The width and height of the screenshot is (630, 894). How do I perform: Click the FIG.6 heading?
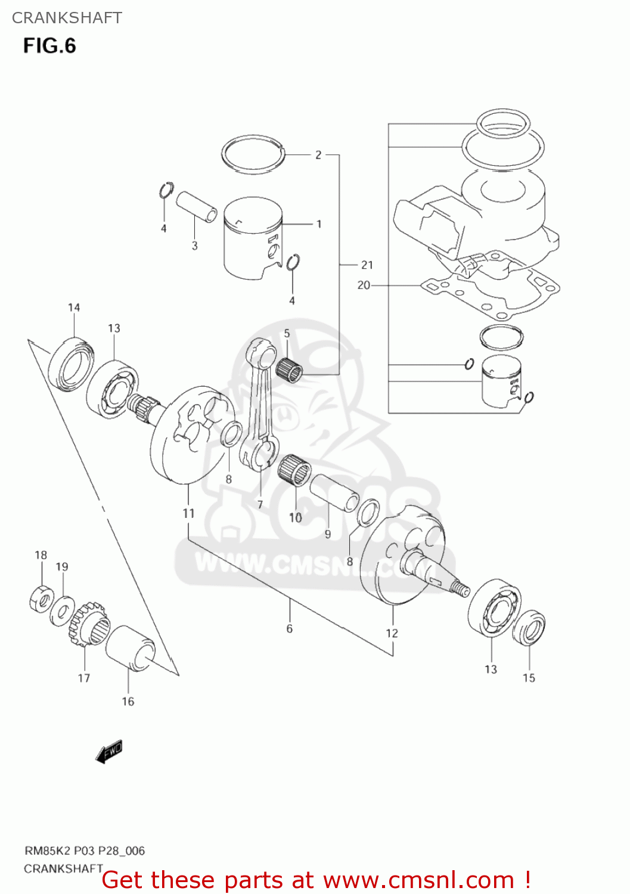[49, 46]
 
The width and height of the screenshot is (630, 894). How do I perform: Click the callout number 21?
[367, 265]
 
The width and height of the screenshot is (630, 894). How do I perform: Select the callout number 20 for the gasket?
[364, 285]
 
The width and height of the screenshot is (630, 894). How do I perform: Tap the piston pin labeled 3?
[196, 206]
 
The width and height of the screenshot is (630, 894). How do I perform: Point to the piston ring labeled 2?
[253, 154]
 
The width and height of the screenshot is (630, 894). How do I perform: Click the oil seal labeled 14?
[71, 364]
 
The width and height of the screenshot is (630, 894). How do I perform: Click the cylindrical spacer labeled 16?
[130, 648]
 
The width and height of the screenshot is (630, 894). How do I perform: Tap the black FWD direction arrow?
[109, 752]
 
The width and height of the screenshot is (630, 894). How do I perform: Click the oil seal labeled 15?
[529, 629]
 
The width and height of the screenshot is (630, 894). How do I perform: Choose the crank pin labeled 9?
[334, 492]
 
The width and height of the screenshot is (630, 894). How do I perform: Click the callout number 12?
[392, 634]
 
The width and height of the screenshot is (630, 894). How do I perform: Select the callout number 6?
[290, 629]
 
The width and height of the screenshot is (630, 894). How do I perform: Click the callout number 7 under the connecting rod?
[260, 505]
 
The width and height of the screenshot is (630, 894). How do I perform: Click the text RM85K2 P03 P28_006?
[84, 851]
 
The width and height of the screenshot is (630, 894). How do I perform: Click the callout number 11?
[188, 513]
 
